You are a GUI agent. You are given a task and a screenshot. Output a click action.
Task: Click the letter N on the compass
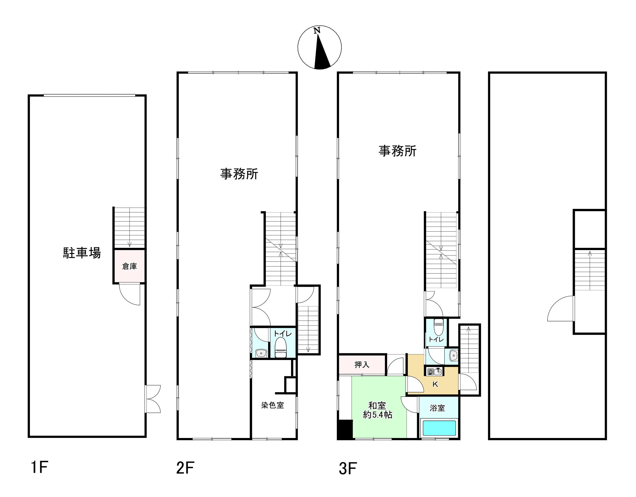pyautogui.click(x=317, y=31)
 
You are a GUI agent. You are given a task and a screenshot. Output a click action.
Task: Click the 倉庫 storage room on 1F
pyautogui.click(x=129, y=266)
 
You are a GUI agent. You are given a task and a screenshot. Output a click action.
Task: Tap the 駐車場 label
pyautogui.click(x=82, y=253)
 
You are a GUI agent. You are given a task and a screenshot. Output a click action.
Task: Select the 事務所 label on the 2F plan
pyautogui.click(x=239, y=174)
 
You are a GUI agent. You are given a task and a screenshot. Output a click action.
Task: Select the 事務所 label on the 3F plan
pyautogui.click(x=397, y=151)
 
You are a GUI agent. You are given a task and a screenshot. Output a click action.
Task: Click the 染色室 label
pyautogui.click(x=272, y=405)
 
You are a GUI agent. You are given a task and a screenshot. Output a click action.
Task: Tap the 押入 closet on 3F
pyautogui.click(x=362, y=364)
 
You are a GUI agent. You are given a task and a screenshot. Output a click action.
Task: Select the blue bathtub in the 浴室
pyautogui.click(x=439, y=428)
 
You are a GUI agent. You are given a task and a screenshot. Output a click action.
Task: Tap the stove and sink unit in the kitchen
pyautogui.click(x=435, y=371)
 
